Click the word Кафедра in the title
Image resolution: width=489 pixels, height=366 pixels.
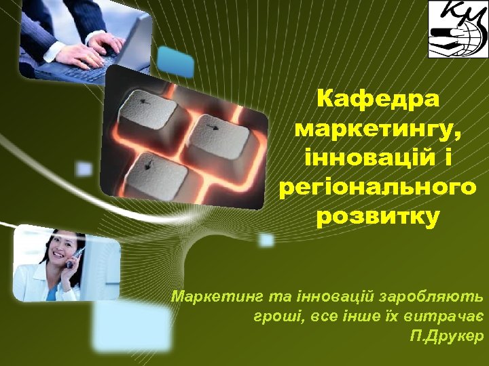[x=378, y=99]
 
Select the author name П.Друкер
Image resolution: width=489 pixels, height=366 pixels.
[x=446, y=335]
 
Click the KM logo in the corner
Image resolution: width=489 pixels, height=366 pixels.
[x=457, y=29]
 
